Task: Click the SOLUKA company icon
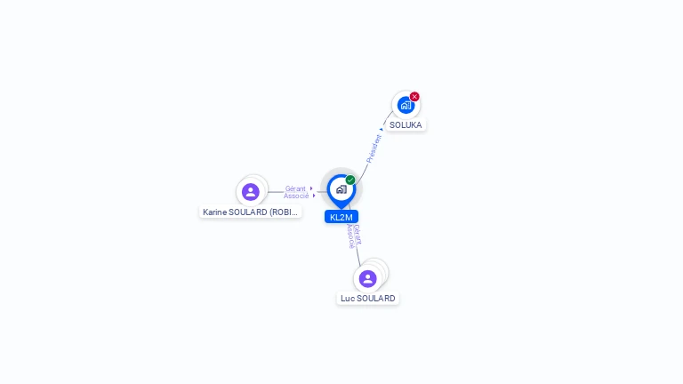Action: (x=406, y=105)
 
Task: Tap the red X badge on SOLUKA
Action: (x=414, y=97)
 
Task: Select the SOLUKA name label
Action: (x=406, y=125)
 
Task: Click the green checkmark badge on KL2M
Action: (x=350, y=180)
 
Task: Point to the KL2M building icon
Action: (x=341, y=189)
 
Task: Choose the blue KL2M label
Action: (x=341, y=217)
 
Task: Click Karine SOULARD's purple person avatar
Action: (x=251, y=191)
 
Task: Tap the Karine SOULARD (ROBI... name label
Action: (x=251, y=212)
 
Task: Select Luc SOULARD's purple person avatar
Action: (x=368, y=278)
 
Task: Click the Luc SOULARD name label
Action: (x=368, y=299)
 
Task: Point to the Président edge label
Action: (x=374, y=148)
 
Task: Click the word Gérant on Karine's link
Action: (x=295, y=188)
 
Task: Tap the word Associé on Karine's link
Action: (x=296, y=196)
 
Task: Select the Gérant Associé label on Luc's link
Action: (x=353, y=236)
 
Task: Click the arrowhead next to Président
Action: (x=382, y=130)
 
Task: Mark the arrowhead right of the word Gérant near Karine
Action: (x=311, y=188)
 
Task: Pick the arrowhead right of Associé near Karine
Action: (x=314, y=196)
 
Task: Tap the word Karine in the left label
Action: (x=214, y=212)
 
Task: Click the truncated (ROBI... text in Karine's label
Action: (x=285, y=212)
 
